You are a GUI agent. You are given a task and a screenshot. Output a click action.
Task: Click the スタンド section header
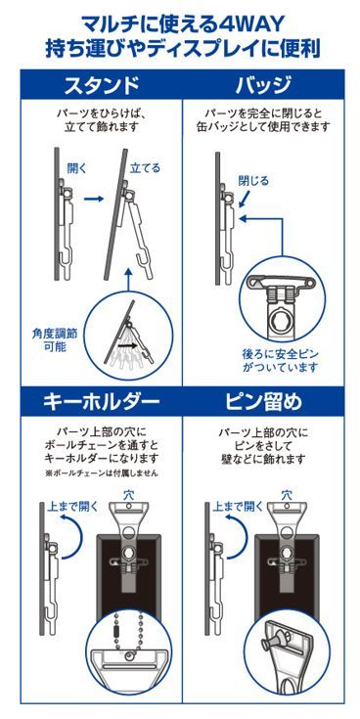(101, 83)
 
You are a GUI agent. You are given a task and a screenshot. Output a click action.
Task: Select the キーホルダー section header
(101, 401)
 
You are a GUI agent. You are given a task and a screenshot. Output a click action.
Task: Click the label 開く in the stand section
(77, 168)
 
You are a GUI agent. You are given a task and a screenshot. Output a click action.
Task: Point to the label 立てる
(145, 168)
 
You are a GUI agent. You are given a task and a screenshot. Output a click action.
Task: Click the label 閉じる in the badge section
(253, 180)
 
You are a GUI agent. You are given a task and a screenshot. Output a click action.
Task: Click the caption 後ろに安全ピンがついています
(280, 360)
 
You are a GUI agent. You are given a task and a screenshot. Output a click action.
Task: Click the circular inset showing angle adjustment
(129, 337)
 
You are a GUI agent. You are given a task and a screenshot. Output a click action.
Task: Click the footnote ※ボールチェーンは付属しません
(102, 473)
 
